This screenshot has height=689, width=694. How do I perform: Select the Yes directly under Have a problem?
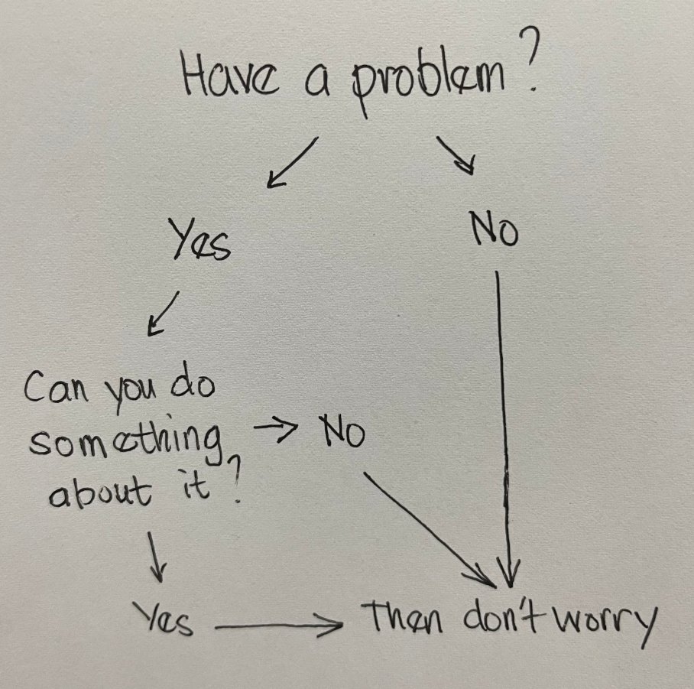(198, 242)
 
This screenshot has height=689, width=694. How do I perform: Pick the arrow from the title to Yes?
(291, 162)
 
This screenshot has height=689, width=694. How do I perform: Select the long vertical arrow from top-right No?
(504, 428)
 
